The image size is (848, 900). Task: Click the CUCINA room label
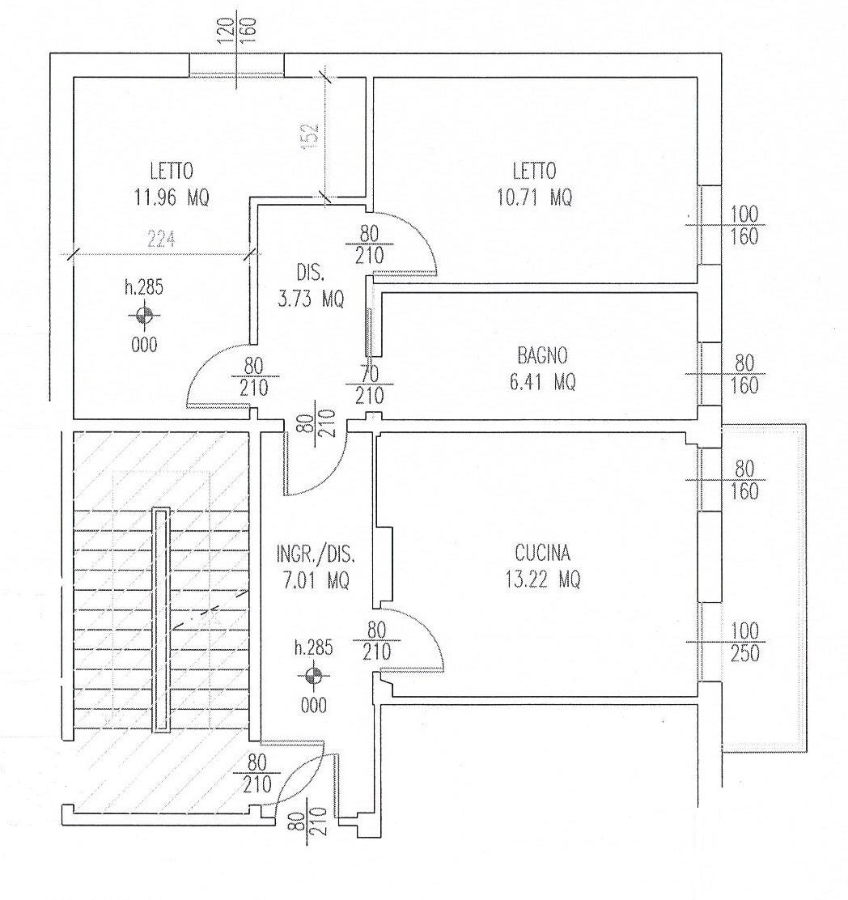[542, 553]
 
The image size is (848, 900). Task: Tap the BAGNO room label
[542, 355]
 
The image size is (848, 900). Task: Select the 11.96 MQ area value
[172, 197]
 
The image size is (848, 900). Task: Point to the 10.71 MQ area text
[534, 197]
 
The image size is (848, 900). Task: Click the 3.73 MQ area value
[311, 299]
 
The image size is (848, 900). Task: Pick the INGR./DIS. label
[316, 554]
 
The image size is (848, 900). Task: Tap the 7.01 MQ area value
[316, 580]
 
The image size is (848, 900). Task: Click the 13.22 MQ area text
[543, 579]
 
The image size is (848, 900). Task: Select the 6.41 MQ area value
[543, 382]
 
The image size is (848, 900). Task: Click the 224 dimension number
[161, 239]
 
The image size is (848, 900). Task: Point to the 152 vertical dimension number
[309, 134]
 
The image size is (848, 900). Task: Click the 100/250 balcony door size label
[744, 642]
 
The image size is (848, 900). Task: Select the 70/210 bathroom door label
[370, 384]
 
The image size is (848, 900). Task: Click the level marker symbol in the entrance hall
[313, 676]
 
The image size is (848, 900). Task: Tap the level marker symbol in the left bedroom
[145, 315]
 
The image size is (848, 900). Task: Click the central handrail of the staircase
[161, 620]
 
